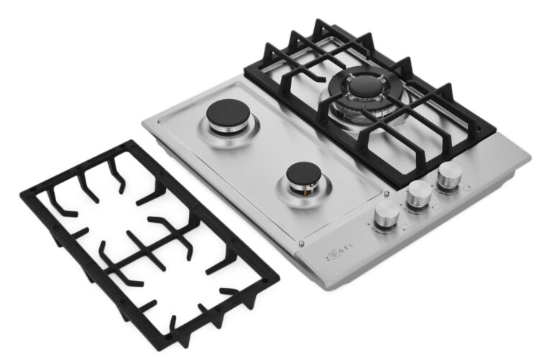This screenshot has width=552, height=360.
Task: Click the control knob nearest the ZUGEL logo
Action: [x=386, y=216]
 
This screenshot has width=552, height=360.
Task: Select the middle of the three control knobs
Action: [x=419, y=195]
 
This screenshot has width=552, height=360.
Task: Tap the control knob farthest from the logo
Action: [x=450, y=175]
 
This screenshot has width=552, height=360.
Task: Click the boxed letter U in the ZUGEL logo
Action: [x=333, y=256]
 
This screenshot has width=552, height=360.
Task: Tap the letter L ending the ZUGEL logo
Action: [x=351, y=245]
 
